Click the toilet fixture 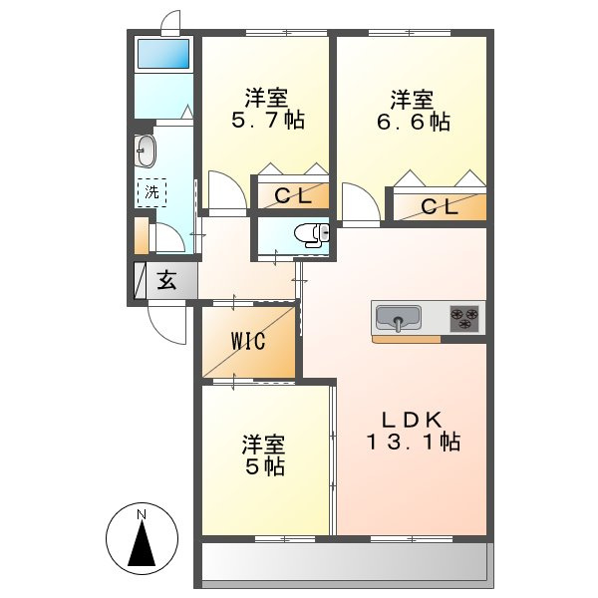312,232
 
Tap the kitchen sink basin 398,317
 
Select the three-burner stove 464,319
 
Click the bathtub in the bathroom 163,54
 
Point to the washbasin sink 146,151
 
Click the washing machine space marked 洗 151,192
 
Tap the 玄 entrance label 167,280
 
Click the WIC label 247,341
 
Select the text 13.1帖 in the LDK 414,442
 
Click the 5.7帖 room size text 268,121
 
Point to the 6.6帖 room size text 414,122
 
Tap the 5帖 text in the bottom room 265,466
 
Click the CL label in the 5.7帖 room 293,196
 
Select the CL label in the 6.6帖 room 440,207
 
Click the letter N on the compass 142,514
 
